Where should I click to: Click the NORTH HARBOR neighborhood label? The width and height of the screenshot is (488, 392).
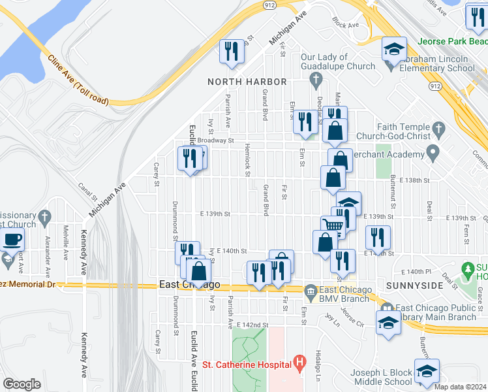pos(247,82)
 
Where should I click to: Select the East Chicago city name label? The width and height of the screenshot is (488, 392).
pos(190,285)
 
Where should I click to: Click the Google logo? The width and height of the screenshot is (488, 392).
pos(22,384)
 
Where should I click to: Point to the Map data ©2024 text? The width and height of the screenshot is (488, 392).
pos(460,387)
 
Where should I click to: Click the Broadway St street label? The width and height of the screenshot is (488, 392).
pos(215,140)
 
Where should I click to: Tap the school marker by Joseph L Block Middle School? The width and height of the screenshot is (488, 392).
pos(426,372)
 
